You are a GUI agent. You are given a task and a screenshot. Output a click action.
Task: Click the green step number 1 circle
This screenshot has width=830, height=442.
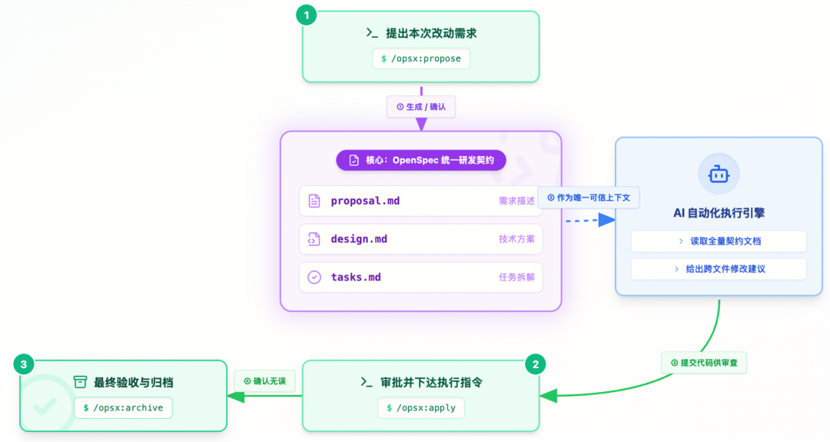click(x=307, y=15)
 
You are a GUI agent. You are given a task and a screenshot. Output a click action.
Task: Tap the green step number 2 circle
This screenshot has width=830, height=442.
click(x=536, y=364)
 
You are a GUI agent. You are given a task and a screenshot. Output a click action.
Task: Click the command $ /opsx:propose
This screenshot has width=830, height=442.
click(x=421, y=58)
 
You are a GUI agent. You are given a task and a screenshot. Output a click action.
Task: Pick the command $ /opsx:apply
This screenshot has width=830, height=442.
click(x=421, y=407)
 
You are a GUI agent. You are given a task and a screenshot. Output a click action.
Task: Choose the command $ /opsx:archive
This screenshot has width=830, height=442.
click(x=123, y=407)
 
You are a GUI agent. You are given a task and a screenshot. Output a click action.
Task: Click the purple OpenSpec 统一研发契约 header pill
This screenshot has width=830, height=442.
click(x=421, y=160)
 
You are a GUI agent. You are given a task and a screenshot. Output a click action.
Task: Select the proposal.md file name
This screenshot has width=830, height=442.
click(x=365, y=201)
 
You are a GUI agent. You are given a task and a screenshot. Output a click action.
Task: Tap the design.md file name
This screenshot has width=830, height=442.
click(x=359, y=239)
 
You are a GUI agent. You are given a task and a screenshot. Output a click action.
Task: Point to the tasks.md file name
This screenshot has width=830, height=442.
click(x=356, y=277)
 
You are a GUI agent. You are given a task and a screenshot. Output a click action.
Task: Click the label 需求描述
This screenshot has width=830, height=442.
click(x=516, y=201)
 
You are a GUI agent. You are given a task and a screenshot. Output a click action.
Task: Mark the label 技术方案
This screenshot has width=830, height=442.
click(x=516, y=239)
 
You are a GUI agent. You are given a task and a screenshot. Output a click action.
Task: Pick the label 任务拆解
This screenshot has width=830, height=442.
click(x=516, y=277)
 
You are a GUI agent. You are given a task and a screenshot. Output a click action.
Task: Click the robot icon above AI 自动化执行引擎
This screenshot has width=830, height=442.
click(x=719, y=174)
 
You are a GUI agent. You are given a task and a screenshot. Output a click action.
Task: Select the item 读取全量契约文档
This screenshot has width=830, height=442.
click(x=719, y=241)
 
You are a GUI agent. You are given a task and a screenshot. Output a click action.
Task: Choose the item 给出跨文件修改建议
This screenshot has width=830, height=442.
click(x=719, y=269)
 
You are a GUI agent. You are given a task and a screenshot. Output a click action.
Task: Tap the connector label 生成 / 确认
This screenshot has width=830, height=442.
click(x=421, y=107)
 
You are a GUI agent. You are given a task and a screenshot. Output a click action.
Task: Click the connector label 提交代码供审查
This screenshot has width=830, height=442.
click(x=704, y=362)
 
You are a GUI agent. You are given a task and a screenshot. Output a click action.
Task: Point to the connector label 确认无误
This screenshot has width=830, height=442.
click(x=264, y=381)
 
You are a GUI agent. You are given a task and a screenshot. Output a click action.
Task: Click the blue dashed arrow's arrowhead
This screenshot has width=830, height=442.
click(x=607, y=220)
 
